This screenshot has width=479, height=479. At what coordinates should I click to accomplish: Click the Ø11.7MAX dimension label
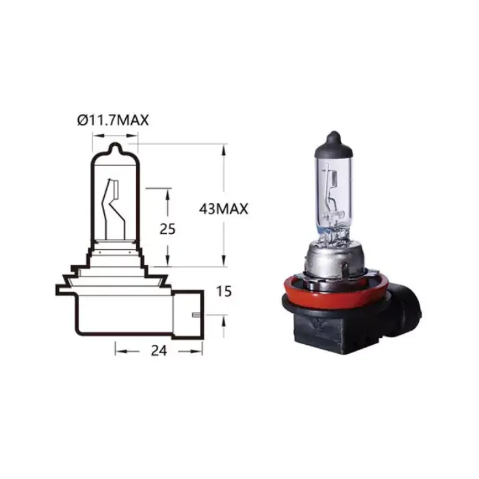(x=113, y=120)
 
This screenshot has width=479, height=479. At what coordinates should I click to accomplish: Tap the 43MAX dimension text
(x=223, y=209)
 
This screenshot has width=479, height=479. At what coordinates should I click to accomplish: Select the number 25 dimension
(x=168, y=229)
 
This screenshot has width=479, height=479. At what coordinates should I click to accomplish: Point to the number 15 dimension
(x=224, y=292)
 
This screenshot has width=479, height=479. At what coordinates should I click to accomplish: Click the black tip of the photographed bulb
(x=332, y=140)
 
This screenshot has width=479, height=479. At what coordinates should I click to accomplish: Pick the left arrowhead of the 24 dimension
(x=118, y=350)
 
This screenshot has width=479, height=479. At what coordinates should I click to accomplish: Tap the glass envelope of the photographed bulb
(x=332, y=178)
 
